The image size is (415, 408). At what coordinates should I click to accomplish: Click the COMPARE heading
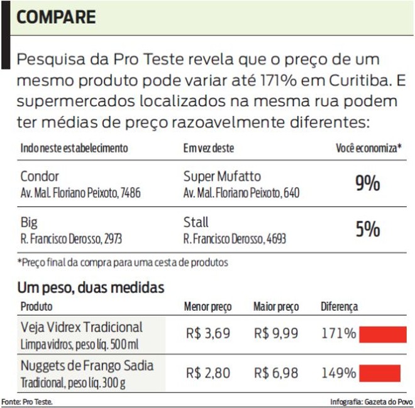[57, 17]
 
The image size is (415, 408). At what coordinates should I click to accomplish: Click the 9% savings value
[368, 183]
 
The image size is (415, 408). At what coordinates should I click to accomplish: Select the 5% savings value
[368, 230]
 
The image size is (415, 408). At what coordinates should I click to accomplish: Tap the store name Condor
[40, 176]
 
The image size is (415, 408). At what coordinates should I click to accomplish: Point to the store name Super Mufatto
[222, 176]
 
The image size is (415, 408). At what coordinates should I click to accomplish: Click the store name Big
[29, 222]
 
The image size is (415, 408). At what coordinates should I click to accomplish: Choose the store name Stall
[196, 222]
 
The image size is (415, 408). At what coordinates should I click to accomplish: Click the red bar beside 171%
[382, 333]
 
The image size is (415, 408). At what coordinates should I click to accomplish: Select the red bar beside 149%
[380, 373]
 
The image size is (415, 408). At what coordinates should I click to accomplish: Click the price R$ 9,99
[276, 333]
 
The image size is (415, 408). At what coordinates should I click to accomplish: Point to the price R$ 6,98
[276, 373]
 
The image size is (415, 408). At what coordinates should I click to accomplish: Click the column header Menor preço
[207, 307]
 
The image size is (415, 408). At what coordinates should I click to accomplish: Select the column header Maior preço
[275, 307]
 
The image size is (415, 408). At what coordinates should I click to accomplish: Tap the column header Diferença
[340, 307]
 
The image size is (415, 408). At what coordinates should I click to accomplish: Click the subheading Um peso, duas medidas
[91, 288]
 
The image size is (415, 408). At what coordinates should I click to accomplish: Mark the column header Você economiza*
[368, 149]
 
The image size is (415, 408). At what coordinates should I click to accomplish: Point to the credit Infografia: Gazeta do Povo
[370, 401]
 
